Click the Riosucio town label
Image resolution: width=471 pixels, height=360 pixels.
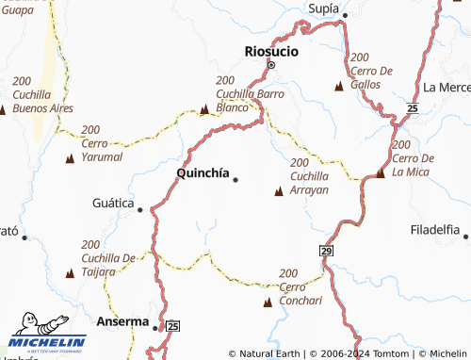271,51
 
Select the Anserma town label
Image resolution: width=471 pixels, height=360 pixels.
123,320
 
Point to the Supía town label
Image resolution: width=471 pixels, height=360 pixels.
323,8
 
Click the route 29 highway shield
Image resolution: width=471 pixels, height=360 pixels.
326,251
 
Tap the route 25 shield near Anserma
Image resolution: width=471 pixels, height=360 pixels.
172,326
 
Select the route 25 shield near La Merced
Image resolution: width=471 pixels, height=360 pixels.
412,109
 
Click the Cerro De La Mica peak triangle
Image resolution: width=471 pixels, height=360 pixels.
381,173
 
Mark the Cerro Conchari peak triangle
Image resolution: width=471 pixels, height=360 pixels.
268,303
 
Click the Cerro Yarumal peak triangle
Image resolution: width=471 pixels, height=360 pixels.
70,158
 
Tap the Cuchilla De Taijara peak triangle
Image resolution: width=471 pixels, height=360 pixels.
70,273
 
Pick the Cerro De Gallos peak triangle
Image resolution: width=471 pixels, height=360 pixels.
338,87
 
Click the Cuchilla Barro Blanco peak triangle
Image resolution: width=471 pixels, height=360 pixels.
205,110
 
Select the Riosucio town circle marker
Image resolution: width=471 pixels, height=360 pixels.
271,66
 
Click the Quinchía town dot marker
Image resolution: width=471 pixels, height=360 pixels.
235,179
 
